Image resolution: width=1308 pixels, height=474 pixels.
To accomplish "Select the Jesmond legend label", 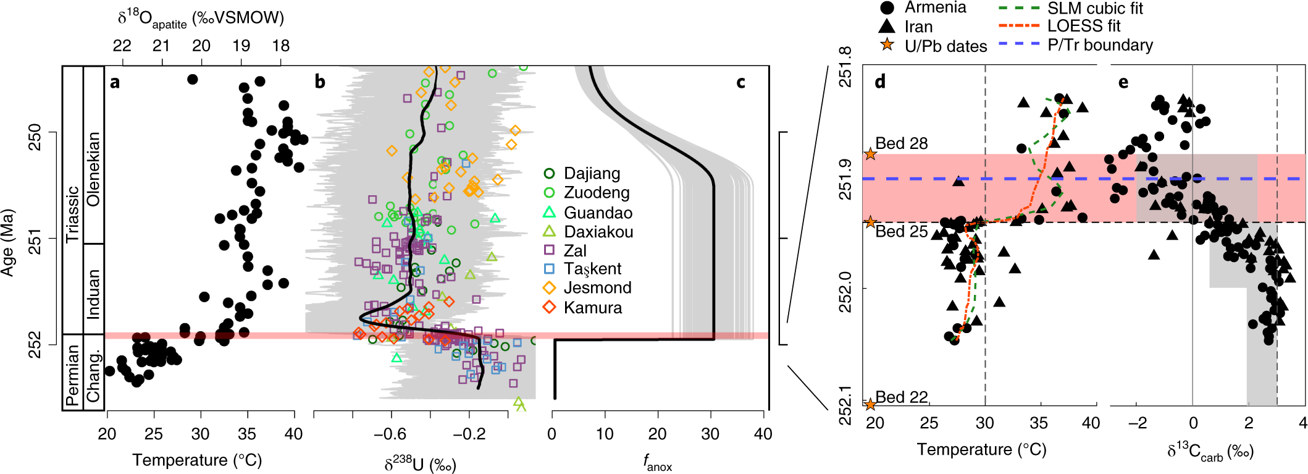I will pyautogui.click(x=597, y=288).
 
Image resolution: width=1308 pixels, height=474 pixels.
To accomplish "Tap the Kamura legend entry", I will pyautogui.click(x=592, y=308).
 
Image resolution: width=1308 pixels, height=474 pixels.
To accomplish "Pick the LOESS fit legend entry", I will pyautogui.click(x=1083, y=26).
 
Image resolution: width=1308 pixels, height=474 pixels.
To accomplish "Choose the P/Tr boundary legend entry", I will pyautogui.click(x=1100, y=45).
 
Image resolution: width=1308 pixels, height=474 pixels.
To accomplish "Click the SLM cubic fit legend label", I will pyautogui.click(x=1095, y=8).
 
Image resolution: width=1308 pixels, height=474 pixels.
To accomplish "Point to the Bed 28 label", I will pyautogui.click(x=901, y=143).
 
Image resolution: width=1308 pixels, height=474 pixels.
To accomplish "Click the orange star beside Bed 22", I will pyautogui.click(x=870, y=404).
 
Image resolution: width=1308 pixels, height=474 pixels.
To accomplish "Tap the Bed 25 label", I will pyautogui.click(x=901, y=232).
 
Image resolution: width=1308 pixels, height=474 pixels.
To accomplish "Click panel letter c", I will pyautogui.click(x=740, y=82).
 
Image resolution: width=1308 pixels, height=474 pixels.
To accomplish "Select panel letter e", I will pyautogui.click(x=1123, y=82).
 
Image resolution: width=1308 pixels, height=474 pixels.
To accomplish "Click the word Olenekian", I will pyautogui.click(x=93, y=169).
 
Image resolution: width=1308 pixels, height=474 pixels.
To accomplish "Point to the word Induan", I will pyautogui.click(x=93, y=294).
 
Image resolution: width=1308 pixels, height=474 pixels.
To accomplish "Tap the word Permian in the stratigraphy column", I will pyautogui.click(x=73, y=375).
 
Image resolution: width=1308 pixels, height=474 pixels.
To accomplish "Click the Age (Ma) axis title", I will pyautogui.click(x=8, y=243).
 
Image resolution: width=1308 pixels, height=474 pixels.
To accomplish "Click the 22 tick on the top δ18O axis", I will pyautogui.click(x=122, y=46).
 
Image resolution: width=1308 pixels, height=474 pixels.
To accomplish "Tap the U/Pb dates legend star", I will pyautogui.click(x=887, y=44).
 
